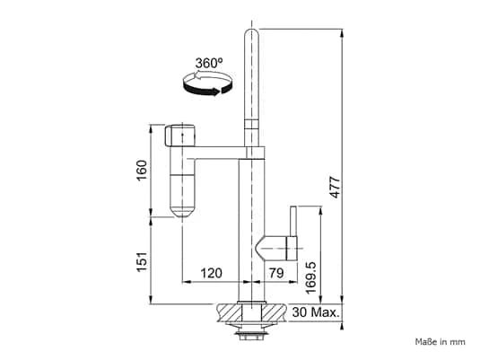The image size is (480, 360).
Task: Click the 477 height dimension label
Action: pos(336,187)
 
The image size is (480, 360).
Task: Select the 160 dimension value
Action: pos(142,171)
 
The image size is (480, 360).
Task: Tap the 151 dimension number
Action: pos(142,261)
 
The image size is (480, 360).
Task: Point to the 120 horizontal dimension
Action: pos(211,273)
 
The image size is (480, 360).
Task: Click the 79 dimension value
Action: pos(276,273)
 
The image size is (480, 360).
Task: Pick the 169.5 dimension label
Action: pos(310,277)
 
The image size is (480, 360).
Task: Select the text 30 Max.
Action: pos(316,312)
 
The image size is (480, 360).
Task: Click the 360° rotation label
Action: pos(209,63)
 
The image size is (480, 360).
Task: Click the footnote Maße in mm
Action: pos(441,342)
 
